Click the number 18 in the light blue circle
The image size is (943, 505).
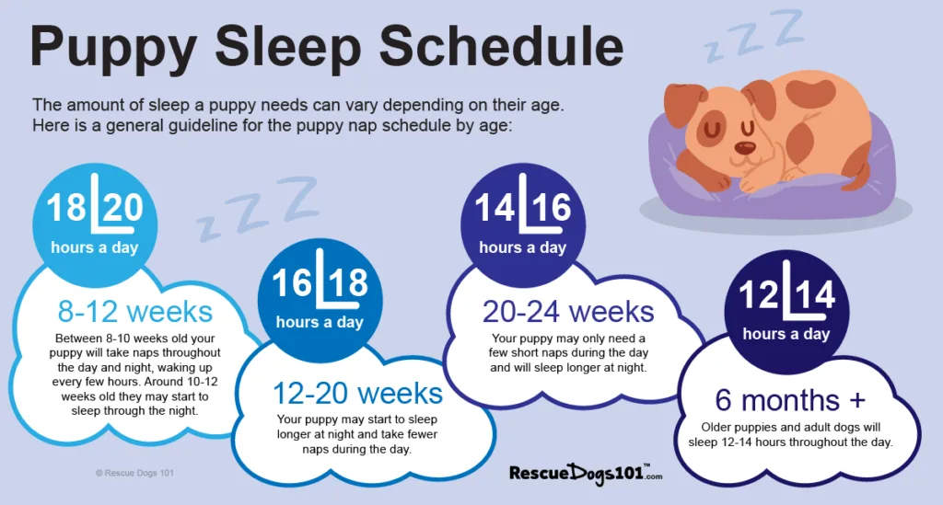(x=67, y=208)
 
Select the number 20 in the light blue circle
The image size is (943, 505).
(x=123, y=208)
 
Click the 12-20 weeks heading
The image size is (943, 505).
(x=357, y=393)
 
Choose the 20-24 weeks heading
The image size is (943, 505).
(x=568, y=311)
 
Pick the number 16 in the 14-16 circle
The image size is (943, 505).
(x=551, y=209)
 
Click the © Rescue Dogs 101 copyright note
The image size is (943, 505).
(x=134, y=474)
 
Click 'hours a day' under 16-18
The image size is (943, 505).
(x=320, y=322)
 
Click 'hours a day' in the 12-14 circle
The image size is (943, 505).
(x=786, y=334)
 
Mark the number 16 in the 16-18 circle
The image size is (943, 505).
(x=292, y=282)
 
